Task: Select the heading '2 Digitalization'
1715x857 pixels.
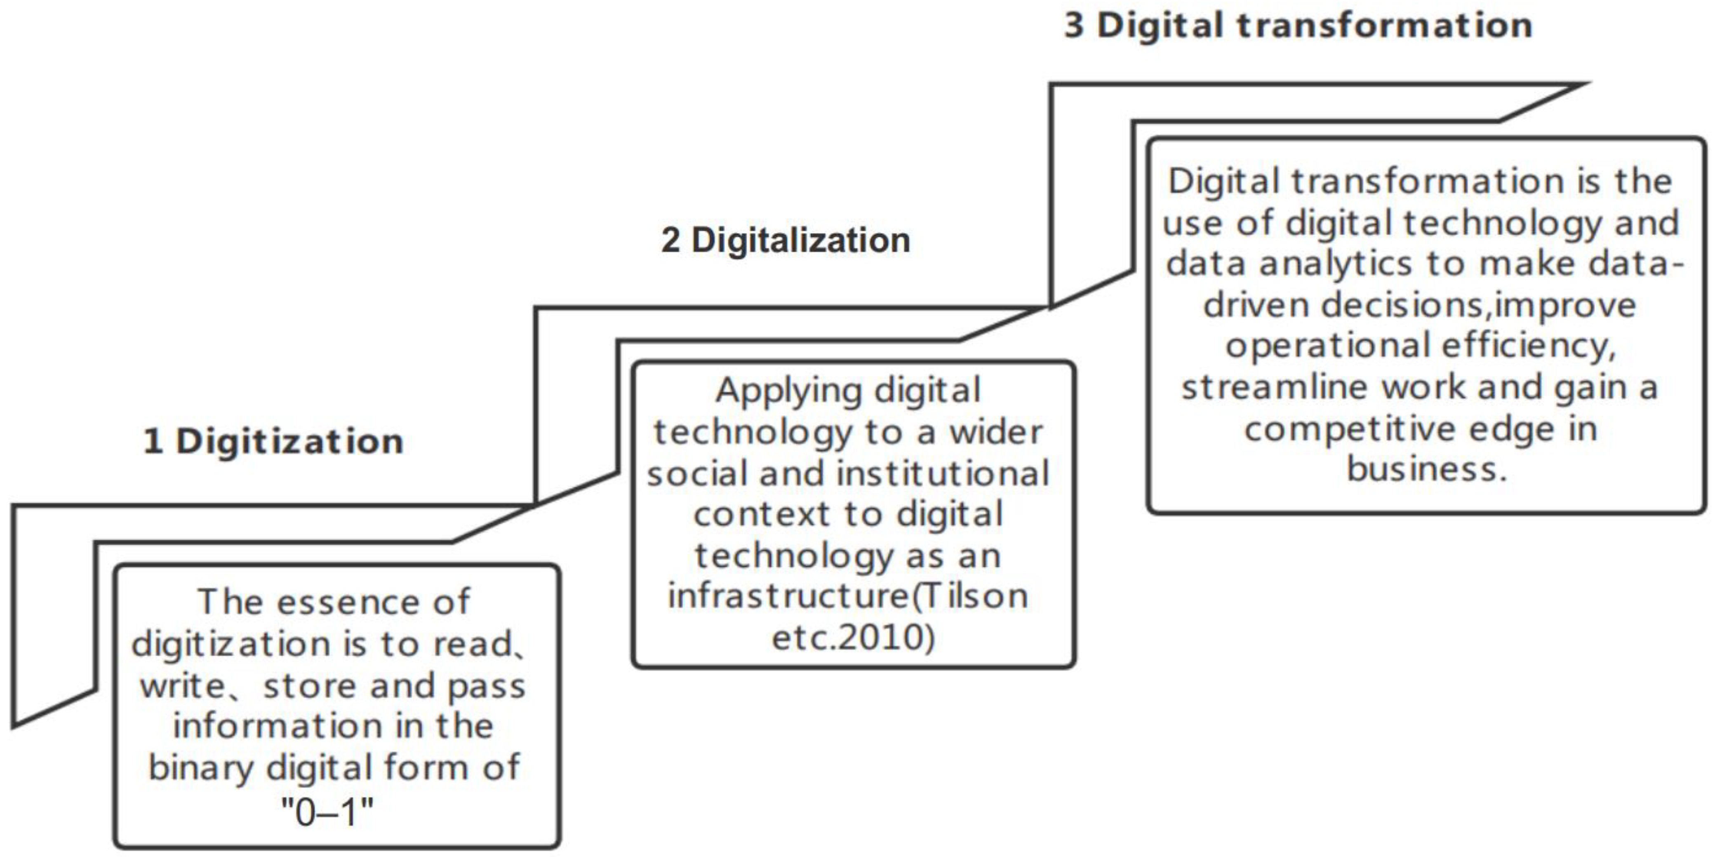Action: click(786, 240)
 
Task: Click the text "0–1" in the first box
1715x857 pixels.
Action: click(327, 812)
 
